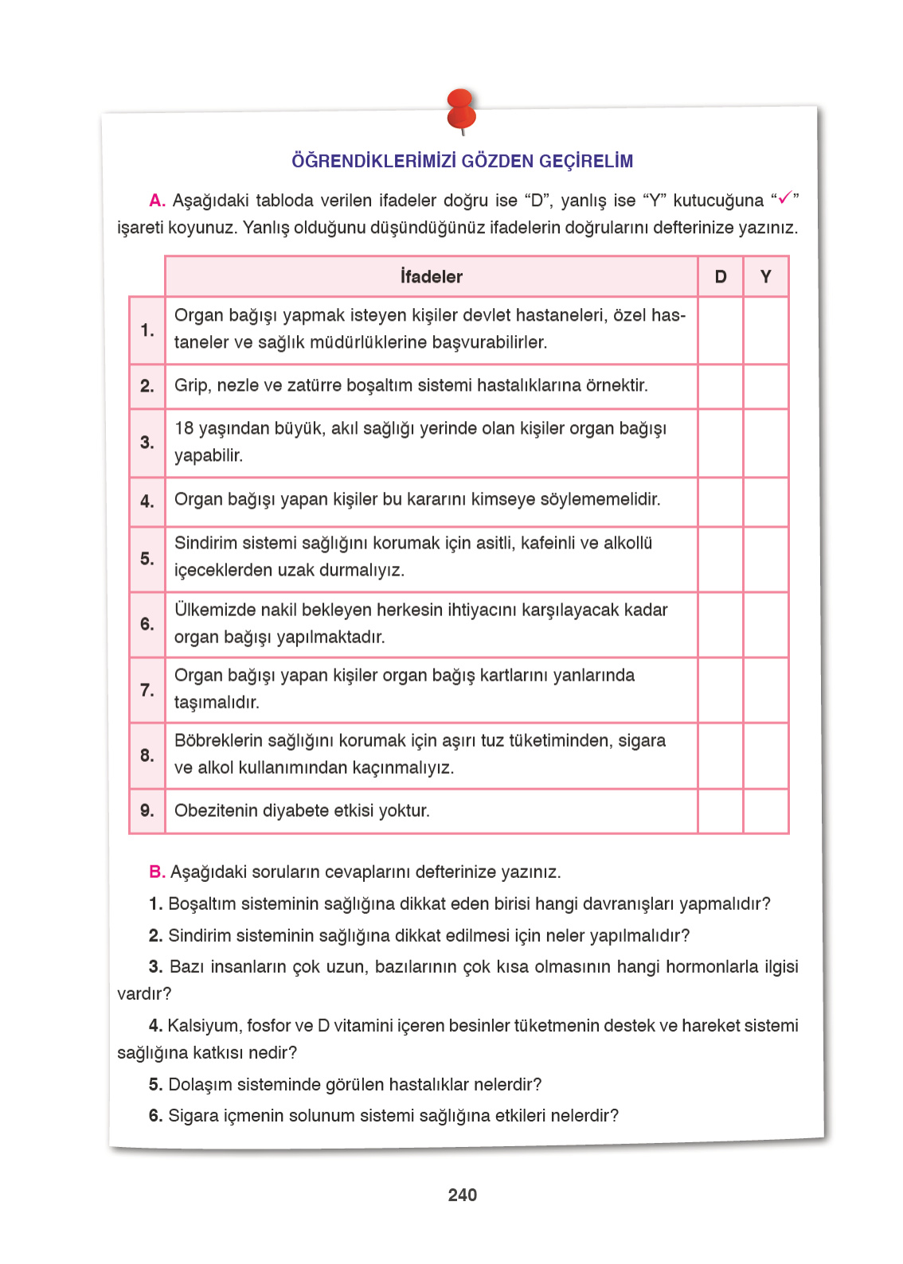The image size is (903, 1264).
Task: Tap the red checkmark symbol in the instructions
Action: click(x=784, y=198)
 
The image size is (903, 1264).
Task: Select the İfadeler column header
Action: click(x=431, y=277)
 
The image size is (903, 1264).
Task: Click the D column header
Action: click(x=721, y=277)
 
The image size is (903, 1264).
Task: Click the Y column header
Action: click(x=766, y=277)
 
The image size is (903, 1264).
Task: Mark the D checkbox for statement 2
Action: click(x=721, y=387)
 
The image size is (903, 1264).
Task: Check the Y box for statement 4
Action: click(x=766, y=501)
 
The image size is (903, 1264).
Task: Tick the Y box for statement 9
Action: click(x=766, y=811)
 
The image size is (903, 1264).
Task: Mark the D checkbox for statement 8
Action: click(x=721, y=755)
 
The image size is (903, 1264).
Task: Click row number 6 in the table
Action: click(x=147, y=624)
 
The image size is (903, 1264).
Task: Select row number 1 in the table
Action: click(x=147, y=330)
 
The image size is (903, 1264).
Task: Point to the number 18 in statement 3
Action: click(x=184, y=429)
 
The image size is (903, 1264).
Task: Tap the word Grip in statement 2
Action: click(x=191, y=386)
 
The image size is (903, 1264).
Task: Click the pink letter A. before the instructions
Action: click(x=157, y=201)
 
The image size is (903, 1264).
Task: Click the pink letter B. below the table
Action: click(x=157, y=872)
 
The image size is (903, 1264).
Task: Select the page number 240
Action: click(x=463, y=1195)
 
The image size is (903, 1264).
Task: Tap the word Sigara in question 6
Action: click(x=192, y=1116)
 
